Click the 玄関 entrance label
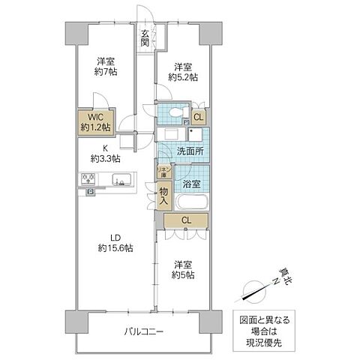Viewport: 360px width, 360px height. (x=145, y=37)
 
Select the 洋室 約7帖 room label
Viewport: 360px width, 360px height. (x=105, y=66)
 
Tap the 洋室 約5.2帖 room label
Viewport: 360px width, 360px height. (x=182, y=71)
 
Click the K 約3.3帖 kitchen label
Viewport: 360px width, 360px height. (x=105, y=153)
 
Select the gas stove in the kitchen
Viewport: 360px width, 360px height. (x=87, y=179)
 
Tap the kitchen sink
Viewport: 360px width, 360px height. (x=121, y=179)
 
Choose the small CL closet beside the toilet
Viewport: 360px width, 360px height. (x=198, y=116)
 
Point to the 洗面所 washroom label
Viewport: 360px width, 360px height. (x=188, y=152)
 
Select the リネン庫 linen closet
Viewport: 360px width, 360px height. (x=163, y=172)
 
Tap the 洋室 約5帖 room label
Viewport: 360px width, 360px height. (x=184, y=270)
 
